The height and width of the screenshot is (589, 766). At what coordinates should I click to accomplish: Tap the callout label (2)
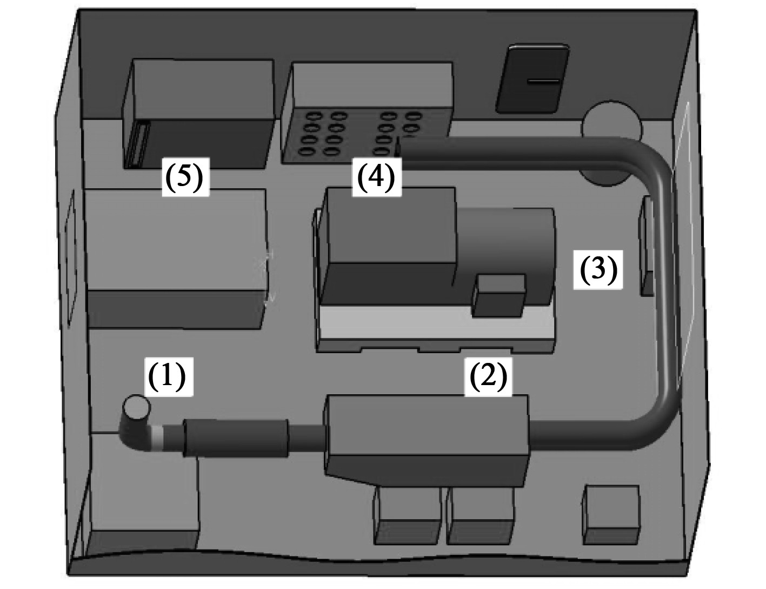pyautogui.click(x=488, y=376)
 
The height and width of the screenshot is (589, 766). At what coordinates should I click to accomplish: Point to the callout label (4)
pyautogui.click(x=377, y=177)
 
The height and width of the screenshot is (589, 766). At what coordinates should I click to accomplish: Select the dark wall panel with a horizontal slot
pyautogui.click(x=532, y=79)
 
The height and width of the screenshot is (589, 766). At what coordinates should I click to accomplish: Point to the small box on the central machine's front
pyautogui.click(x=499, y=295)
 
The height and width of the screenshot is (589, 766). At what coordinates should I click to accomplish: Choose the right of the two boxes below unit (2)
pyautogui.click(x=481, y=517)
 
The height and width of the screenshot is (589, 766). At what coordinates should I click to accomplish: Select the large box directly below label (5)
pyautogui.click(x=176, y=257)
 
